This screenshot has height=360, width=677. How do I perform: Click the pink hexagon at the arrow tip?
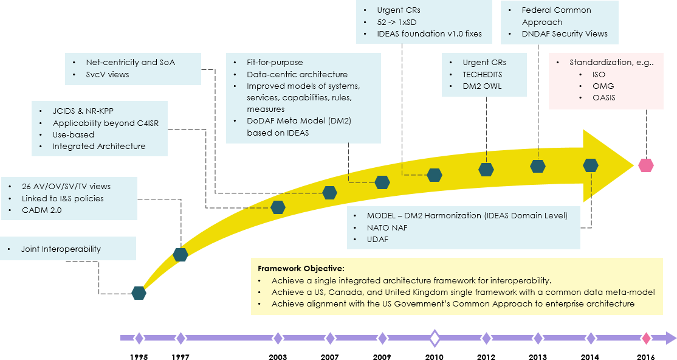coord(645,165)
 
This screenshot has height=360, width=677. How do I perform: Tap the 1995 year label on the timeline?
coord(139,357)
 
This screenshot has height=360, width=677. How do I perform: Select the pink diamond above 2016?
coord(646,338)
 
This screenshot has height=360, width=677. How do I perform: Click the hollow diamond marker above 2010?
coord(434,338)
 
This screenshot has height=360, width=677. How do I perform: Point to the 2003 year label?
coord(278,357)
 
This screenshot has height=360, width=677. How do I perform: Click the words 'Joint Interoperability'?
coord(61,249)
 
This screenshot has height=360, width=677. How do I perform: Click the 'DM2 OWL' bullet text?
coord(483,86)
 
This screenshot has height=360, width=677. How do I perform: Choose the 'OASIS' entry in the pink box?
coord(604,97)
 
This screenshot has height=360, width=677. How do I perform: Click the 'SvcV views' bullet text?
coord(108,74)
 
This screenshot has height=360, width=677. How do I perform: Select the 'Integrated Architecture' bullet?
coord(99,146)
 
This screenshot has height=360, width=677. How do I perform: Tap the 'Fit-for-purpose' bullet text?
coord(275,62)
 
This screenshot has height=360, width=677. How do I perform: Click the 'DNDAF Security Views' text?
coord(565,33)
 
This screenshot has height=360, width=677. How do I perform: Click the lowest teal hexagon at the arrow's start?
coord(139,292)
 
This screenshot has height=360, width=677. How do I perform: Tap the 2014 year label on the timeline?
coord(590,357)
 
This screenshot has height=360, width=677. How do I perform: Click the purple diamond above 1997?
coord(180,338)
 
